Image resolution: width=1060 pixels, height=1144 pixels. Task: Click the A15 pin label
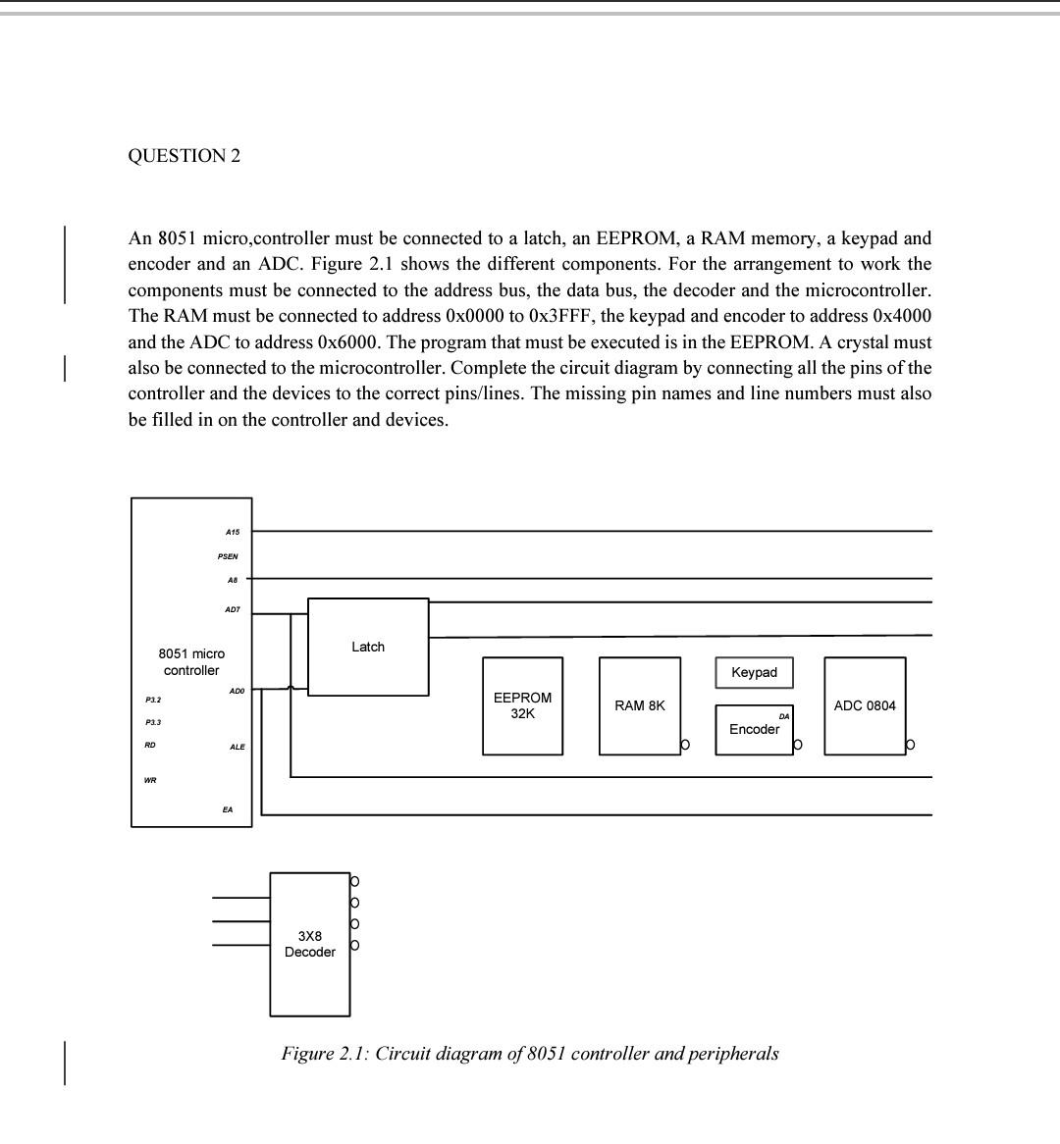click(232, 532)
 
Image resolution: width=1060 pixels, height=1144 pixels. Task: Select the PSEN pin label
click(228, 556)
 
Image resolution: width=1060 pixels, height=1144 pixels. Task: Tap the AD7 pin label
click(232, 609)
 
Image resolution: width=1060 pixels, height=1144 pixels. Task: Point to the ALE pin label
click(237, 748)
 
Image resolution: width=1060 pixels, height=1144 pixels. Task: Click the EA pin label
click(228, 809)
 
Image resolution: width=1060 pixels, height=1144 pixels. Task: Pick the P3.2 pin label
click(153, 700)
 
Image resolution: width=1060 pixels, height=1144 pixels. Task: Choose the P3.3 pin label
click(153, 722)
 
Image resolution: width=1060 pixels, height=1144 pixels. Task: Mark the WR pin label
click(150, 780)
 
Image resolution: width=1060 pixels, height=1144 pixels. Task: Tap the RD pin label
click(150, 745)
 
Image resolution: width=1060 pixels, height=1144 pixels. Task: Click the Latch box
click(368, 647)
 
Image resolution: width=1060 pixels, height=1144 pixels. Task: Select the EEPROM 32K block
click(522, 705)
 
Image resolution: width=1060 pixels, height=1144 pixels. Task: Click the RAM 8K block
click(640, 705)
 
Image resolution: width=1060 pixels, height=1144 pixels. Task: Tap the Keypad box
click(754, 672)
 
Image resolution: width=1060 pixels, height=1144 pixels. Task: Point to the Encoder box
click(754, 730)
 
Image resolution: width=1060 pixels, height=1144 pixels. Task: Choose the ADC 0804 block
click(865, 705)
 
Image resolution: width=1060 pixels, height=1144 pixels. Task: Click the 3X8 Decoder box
click(310, 944)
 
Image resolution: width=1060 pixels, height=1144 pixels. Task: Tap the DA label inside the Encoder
click(784, 716)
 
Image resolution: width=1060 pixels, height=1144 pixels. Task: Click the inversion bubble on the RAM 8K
click(685, 746)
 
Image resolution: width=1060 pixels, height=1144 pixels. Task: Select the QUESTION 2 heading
click(185, 156)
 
